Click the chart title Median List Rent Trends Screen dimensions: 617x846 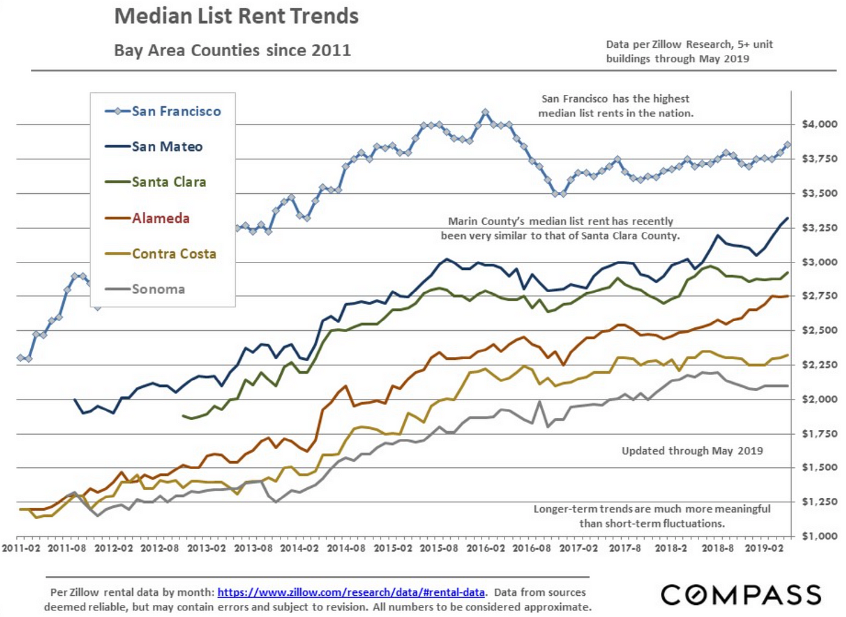[236, 16]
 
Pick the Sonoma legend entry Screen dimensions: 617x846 [158, 289]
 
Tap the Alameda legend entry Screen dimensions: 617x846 [161, 218]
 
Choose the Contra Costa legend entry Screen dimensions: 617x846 [174, 254]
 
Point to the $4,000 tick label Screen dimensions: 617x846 [819, 124]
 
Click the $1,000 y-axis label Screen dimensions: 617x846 [819, 536]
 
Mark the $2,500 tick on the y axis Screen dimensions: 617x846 [819, 330]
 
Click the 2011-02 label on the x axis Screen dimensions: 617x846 [21, 548]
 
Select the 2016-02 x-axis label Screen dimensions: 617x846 [486, 548]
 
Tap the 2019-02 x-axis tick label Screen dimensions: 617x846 [764, 548]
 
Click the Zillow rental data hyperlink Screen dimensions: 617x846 [350, 592]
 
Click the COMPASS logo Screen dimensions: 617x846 [741, 595]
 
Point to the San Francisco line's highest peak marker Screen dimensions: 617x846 [485, 112]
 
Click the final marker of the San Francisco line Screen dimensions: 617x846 [787, 144]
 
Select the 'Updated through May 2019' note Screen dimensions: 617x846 [692, 451]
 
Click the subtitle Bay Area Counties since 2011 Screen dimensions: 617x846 [232, 50]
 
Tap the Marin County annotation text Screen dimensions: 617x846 [560, 229]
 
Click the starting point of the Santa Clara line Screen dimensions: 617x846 [183, 415]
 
